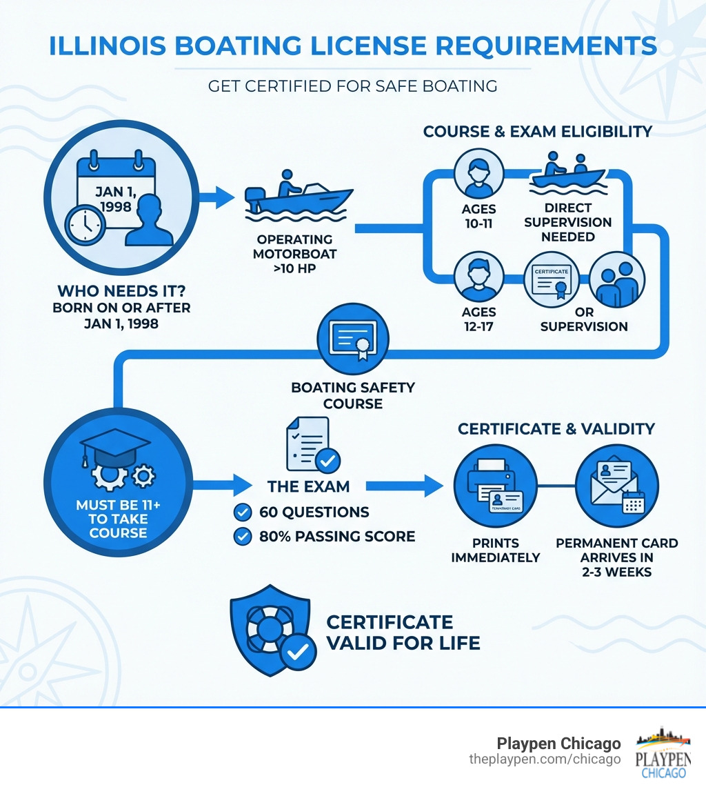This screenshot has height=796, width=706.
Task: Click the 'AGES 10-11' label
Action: [x=479, y=215]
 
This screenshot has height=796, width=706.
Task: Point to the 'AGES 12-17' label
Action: [x=479, y=319]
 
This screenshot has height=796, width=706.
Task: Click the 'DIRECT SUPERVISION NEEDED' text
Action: [x=567, y=222]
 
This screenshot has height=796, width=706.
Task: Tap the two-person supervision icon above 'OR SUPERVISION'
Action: [x=618, y=279]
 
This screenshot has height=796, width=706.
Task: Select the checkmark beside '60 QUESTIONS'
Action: [x=243, y=512]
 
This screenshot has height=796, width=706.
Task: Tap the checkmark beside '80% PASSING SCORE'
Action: [x=243, y=536]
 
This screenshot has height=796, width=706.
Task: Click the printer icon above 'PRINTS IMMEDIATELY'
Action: [x=495, y=487]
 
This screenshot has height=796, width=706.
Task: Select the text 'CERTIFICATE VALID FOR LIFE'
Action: [x=403, y=633]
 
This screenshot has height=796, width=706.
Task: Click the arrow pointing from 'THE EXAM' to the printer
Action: [x=404, y=486]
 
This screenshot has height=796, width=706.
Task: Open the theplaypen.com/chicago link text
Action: [x=545, y=759]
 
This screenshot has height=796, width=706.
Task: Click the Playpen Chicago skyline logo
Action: [x=663, y=752]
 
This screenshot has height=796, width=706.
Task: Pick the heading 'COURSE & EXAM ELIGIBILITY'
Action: [x=537, y=131]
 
